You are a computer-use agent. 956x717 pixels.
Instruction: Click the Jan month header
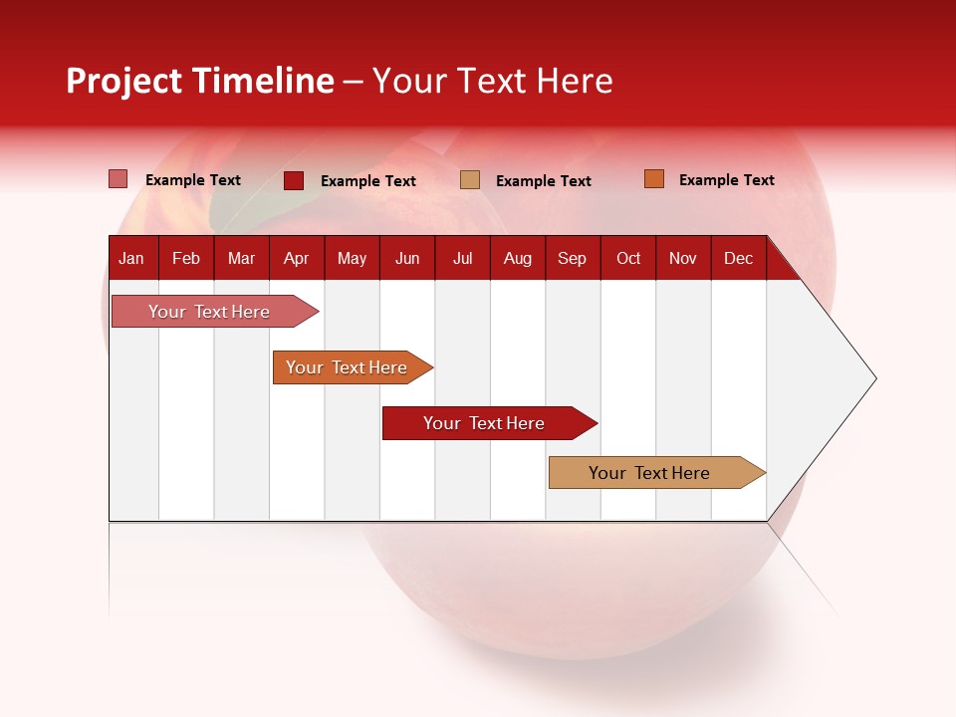click(131, 259)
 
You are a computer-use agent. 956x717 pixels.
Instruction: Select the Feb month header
click(186, 259)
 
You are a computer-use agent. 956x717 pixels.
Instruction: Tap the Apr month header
click(296, 259)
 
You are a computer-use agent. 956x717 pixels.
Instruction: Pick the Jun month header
click(407, 259)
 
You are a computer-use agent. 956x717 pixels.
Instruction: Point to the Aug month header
click(517, 259)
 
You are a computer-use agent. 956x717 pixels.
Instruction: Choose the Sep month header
click(572, 259)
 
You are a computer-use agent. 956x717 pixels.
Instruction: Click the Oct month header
click(628, 259)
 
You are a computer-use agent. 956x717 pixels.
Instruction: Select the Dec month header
click(738, 259)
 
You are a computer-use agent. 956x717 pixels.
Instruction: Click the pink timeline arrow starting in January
click(209, 312)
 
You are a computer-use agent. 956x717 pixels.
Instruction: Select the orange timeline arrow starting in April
click(347, 367)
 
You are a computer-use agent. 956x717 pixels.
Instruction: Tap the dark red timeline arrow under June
click(484, 423)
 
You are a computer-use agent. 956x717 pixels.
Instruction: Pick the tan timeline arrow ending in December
click(649, 473)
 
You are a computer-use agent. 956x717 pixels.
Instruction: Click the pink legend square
click(118, 179)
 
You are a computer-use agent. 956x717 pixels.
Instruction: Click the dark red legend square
click(293, 180)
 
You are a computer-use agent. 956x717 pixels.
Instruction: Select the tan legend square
click(470, 180)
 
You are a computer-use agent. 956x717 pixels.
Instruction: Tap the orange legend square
click(653, 179)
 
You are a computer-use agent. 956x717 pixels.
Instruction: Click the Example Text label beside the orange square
click(726, 180)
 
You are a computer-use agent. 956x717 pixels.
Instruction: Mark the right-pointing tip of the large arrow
click(873, 378)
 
